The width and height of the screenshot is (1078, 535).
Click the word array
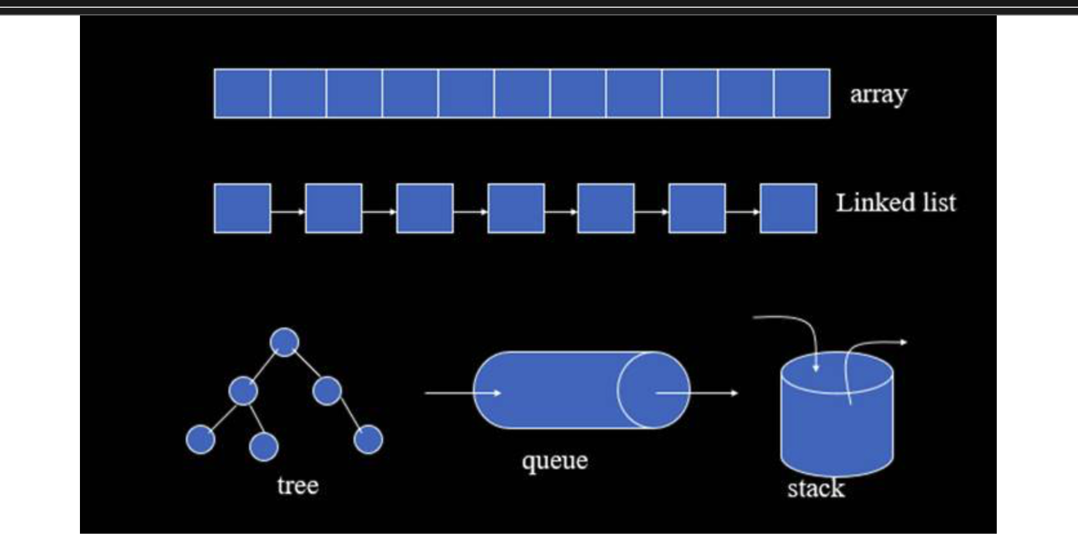point(878,95)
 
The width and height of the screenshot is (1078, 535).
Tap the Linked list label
point(896,203)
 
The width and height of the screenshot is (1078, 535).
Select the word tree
point(298,485)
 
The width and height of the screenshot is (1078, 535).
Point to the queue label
point(554,461)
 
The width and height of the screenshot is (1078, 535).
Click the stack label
point(816,488)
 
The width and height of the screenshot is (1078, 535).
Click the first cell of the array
point(242,93)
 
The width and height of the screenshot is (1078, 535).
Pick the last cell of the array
point(802,93)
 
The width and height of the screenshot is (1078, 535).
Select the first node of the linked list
point(242,208)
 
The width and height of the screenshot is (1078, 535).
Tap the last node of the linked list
point(789,208)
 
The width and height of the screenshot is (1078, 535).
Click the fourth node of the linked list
point(516,208)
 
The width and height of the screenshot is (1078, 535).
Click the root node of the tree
point(285,342)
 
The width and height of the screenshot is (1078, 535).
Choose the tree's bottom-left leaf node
point(201,440)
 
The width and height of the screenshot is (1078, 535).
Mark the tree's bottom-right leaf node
point(368,440)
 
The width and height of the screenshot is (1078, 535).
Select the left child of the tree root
point(243,391)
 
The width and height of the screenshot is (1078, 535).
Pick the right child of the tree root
point(327,391)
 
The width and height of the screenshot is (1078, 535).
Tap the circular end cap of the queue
point(652,390)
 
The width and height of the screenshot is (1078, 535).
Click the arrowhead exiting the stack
point(904,342)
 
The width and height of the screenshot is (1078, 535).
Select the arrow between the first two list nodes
point(288,211)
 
